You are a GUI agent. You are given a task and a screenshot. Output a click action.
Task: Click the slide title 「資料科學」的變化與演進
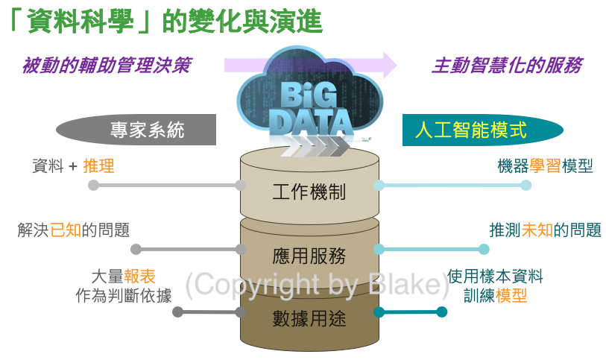[x=166, y=22]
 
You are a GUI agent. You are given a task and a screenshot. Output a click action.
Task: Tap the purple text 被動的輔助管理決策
[x=106, y=66]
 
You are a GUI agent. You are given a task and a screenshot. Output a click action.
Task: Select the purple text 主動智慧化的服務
[x=507, y=66]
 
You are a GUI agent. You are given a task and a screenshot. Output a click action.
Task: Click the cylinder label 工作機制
[x=309, y=192]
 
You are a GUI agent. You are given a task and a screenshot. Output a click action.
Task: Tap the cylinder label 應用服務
[x=309, y=256]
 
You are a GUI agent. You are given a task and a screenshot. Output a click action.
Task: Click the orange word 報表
[x=140, y=276]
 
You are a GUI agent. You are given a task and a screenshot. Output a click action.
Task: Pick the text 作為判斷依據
[x=124, y=295]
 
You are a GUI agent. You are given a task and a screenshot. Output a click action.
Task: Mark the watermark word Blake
[x=407, y=284]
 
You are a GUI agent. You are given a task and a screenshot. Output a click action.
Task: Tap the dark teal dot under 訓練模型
[x=441, y=312]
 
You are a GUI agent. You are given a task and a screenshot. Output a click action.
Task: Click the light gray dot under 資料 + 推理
[x=93, y=185]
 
